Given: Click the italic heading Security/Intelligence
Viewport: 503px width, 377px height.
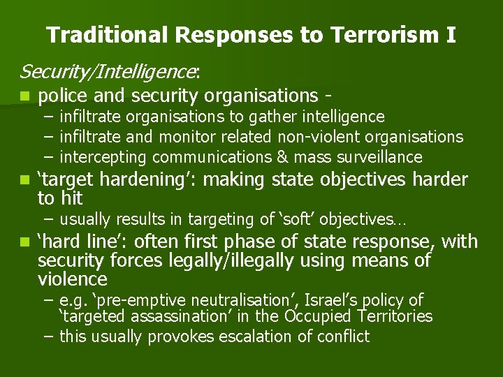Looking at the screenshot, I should pyautogui.click(x=108, y=71).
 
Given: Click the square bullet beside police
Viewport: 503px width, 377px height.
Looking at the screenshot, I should pyautogui.click(x=25, y=96).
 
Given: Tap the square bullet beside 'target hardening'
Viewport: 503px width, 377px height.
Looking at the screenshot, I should pyautogui.click(x=25, y=180).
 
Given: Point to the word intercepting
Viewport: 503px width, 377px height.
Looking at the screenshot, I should pyautogui.click(x=103, y=157).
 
